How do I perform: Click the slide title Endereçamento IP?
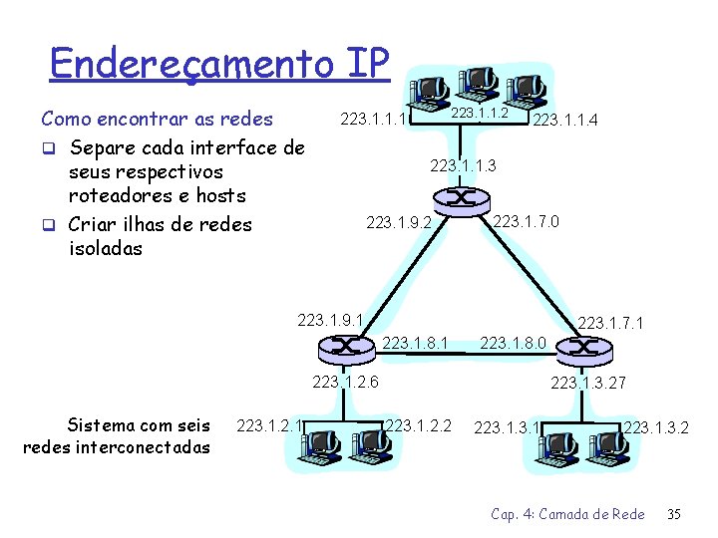point(218,64)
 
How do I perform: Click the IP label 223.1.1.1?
point(375,120)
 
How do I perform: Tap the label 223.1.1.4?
point(565,121)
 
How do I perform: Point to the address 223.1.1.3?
point(463,165)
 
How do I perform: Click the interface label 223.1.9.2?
point(399,222)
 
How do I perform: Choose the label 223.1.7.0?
point(527,220)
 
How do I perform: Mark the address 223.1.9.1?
point(330,321)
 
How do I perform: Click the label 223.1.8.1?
point(415,344)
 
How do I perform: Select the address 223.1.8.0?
point(513,344)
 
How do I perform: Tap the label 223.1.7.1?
point(610,323)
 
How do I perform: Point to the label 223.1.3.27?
point(588,382)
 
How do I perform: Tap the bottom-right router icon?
point(582,348)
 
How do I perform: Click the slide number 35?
point(673,514)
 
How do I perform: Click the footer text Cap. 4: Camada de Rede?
point(567,514)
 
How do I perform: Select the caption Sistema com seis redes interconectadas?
point(116,436)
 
